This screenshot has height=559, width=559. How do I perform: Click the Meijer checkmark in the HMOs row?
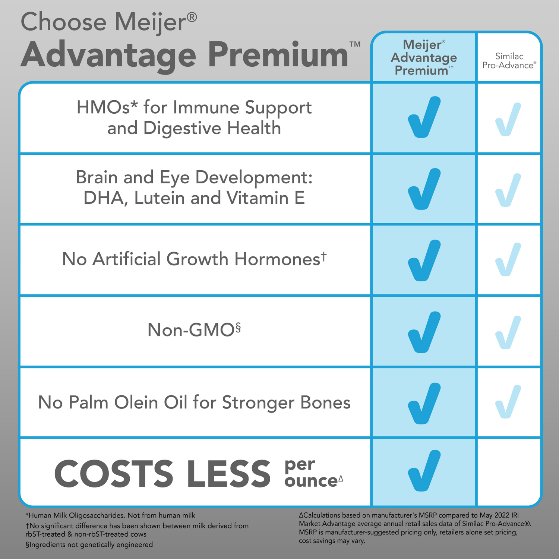point(424,117)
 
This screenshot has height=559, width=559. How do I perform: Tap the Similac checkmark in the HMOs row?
point(508,119)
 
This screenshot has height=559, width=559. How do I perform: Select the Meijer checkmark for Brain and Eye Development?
point(424,189)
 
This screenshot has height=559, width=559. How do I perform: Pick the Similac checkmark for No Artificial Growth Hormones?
point(508,259)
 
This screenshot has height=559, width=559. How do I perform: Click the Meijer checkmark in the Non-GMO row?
point(424,332)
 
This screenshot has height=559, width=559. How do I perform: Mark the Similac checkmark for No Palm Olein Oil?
point(508,402)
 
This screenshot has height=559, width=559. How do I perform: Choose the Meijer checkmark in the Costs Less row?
point(424,471)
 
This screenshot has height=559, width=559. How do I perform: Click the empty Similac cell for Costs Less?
point(508,472)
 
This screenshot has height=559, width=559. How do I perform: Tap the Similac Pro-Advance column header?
point(509,61)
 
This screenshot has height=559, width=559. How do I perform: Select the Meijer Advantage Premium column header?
point(424,58)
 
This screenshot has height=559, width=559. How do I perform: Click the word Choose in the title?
point(63,22)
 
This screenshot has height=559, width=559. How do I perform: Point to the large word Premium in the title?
point(278,55)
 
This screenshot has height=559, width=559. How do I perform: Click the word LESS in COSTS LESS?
point(228,473)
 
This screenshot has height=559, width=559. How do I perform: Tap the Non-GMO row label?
point(194,330)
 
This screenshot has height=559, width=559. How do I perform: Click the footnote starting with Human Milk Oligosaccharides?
point(110,515)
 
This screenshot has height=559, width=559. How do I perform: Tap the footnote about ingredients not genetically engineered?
point(89,544)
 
